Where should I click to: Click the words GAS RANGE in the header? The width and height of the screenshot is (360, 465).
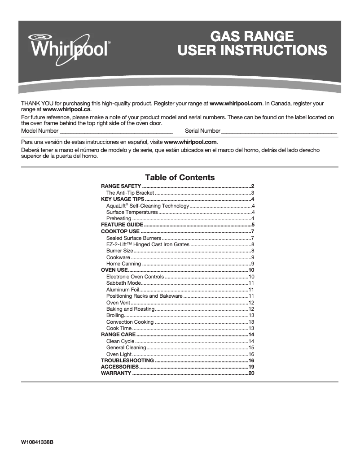[x=252, y=36]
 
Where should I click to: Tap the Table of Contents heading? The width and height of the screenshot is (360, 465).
[x=180, y=178]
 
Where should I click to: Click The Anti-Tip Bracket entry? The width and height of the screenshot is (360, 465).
[x=130, y=193]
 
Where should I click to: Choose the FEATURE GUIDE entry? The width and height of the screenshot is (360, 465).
[x=122, y=225]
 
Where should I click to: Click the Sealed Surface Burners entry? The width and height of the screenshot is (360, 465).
[x=133, y=238]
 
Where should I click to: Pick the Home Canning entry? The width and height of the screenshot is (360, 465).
[x=123, y=264]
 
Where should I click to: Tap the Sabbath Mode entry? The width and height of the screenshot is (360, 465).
[x=123, y=283]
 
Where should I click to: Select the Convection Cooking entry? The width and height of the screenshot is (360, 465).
[x=130, y=322]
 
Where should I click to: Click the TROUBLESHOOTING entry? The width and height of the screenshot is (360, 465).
[x=127, y=361]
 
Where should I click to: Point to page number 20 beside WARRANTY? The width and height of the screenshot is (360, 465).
[x=251, y=373]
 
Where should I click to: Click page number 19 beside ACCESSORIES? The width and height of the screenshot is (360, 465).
[x=251, y=367]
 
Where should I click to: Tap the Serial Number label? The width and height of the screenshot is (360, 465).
[x=202, y=131]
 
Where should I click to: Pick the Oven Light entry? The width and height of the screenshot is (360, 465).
[x=119, y=354]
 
